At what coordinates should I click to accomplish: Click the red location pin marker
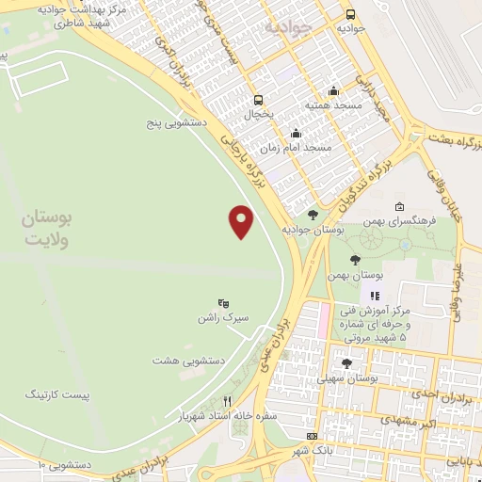242,221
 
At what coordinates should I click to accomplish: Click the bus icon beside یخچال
259,100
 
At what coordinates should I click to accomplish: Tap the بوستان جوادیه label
313,229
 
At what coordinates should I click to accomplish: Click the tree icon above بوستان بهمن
355,261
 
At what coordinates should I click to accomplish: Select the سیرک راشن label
223,317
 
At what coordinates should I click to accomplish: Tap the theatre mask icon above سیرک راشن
223,303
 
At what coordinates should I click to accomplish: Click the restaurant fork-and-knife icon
226,400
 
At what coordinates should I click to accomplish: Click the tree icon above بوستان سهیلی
346,363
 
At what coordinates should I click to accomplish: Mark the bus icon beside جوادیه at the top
350,15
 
